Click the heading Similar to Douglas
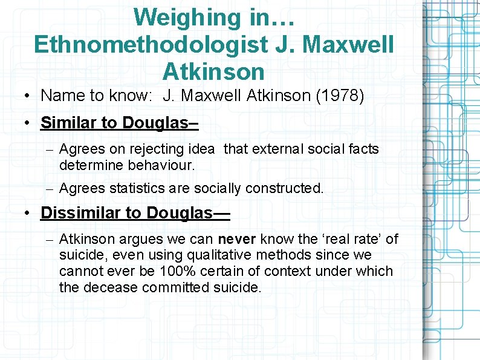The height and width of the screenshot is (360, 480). pos(118,123)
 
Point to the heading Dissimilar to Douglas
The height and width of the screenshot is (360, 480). pos(135,213)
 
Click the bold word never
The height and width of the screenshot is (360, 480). pos(237,239)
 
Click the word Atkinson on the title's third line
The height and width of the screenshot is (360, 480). pos(213,71)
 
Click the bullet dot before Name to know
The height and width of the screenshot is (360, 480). pos(28,96)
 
